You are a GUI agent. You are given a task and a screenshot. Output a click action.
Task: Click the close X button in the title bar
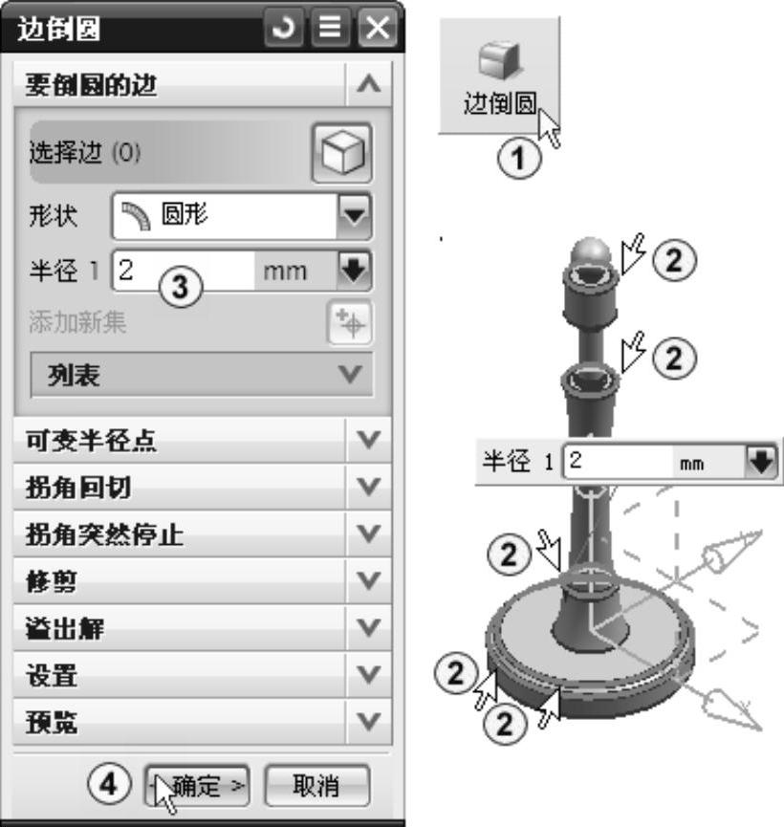(x=377, y=28)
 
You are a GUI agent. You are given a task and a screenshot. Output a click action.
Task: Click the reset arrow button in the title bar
(x=284, y=28)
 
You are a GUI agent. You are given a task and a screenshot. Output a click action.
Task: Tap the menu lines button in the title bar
(x=330, y=28)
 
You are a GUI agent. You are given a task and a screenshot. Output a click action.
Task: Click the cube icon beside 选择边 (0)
(x=342, y=153)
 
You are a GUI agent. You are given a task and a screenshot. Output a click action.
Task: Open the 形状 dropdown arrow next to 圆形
(x=354, y=215)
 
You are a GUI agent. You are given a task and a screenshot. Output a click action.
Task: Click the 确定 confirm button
(x=197, y=786)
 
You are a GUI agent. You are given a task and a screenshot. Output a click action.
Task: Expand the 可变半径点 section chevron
(x=368, y=440)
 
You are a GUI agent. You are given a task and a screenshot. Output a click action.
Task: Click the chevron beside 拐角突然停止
(x=368, y=533)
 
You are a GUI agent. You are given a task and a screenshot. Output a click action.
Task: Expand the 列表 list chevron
(x=350, y=375)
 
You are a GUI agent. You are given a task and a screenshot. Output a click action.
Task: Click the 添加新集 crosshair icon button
(x=349, y=322)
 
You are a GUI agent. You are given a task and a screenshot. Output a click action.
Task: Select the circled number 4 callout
(x=109, y=784)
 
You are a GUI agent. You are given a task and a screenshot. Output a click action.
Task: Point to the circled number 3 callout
(x=181, y=288)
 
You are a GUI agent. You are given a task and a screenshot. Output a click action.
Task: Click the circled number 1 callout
(x=519, y=158)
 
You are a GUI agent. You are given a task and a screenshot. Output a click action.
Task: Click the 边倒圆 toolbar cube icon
(x=500, y=59)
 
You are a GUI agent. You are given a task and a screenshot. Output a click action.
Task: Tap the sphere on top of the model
(x=591, y=252)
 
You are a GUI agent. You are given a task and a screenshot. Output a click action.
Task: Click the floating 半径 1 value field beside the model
(x=618, y=462)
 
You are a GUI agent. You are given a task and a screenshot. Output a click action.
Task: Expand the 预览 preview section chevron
(x=368, y=721)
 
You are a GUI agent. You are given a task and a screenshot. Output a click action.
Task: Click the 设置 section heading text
(x=52, y=675)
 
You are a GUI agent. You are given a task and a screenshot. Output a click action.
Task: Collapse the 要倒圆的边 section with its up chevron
(x=368, y=84)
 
